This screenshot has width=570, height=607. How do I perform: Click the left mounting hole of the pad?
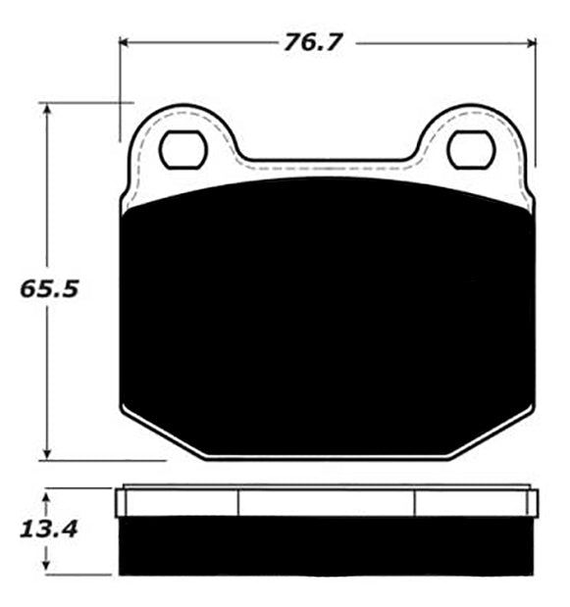pos(182,149)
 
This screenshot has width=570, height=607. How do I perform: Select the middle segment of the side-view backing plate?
pos(327,503)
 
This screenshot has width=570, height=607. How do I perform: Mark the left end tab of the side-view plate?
pos(121,503)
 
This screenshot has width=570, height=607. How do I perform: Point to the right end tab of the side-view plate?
pos(534,503)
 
